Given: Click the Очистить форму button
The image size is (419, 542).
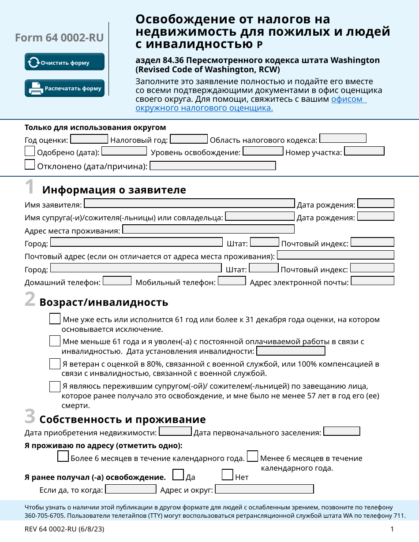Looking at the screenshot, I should coord(64,62).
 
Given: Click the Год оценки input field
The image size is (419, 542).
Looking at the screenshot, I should coord(89,139).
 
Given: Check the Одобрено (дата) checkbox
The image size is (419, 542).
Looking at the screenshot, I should coord(30,151).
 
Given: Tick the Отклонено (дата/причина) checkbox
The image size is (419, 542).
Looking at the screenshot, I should coord(30,165).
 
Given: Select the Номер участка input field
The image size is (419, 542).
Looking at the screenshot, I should coord(364,151).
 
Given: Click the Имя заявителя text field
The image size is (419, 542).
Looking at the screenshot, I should coord(189,203).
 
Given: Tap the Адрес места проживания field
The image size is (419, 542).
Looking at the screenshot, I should coord(208,229).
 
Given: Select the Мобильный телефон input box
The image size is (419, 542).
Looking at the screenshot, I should coord(232,281).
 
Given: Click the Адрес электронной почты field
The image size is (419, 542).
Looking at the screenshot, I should coord(372,281).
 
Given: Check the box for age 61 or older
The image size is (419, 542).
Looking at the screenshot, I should coord(55,319).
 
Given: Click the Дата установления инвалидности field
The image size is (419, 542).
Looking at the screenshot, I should coord(291,351).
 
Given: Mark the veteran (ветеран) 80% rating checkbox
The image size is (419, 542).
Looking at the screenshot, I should coord(55,364).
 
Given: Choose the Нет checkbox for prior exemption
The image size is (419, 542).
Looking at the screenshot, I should coord(228,475).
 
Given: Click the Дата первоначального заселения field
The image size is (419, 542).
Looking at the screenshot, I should coord(342,431).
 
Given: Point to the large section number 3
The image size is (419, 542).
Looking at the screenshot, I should coord(30,416).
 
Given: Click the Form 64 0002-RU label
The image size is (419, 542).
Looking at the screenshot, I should coord(59,38).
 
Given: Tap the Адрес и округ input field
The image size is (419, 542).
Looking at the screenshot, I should coord(264,489).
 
